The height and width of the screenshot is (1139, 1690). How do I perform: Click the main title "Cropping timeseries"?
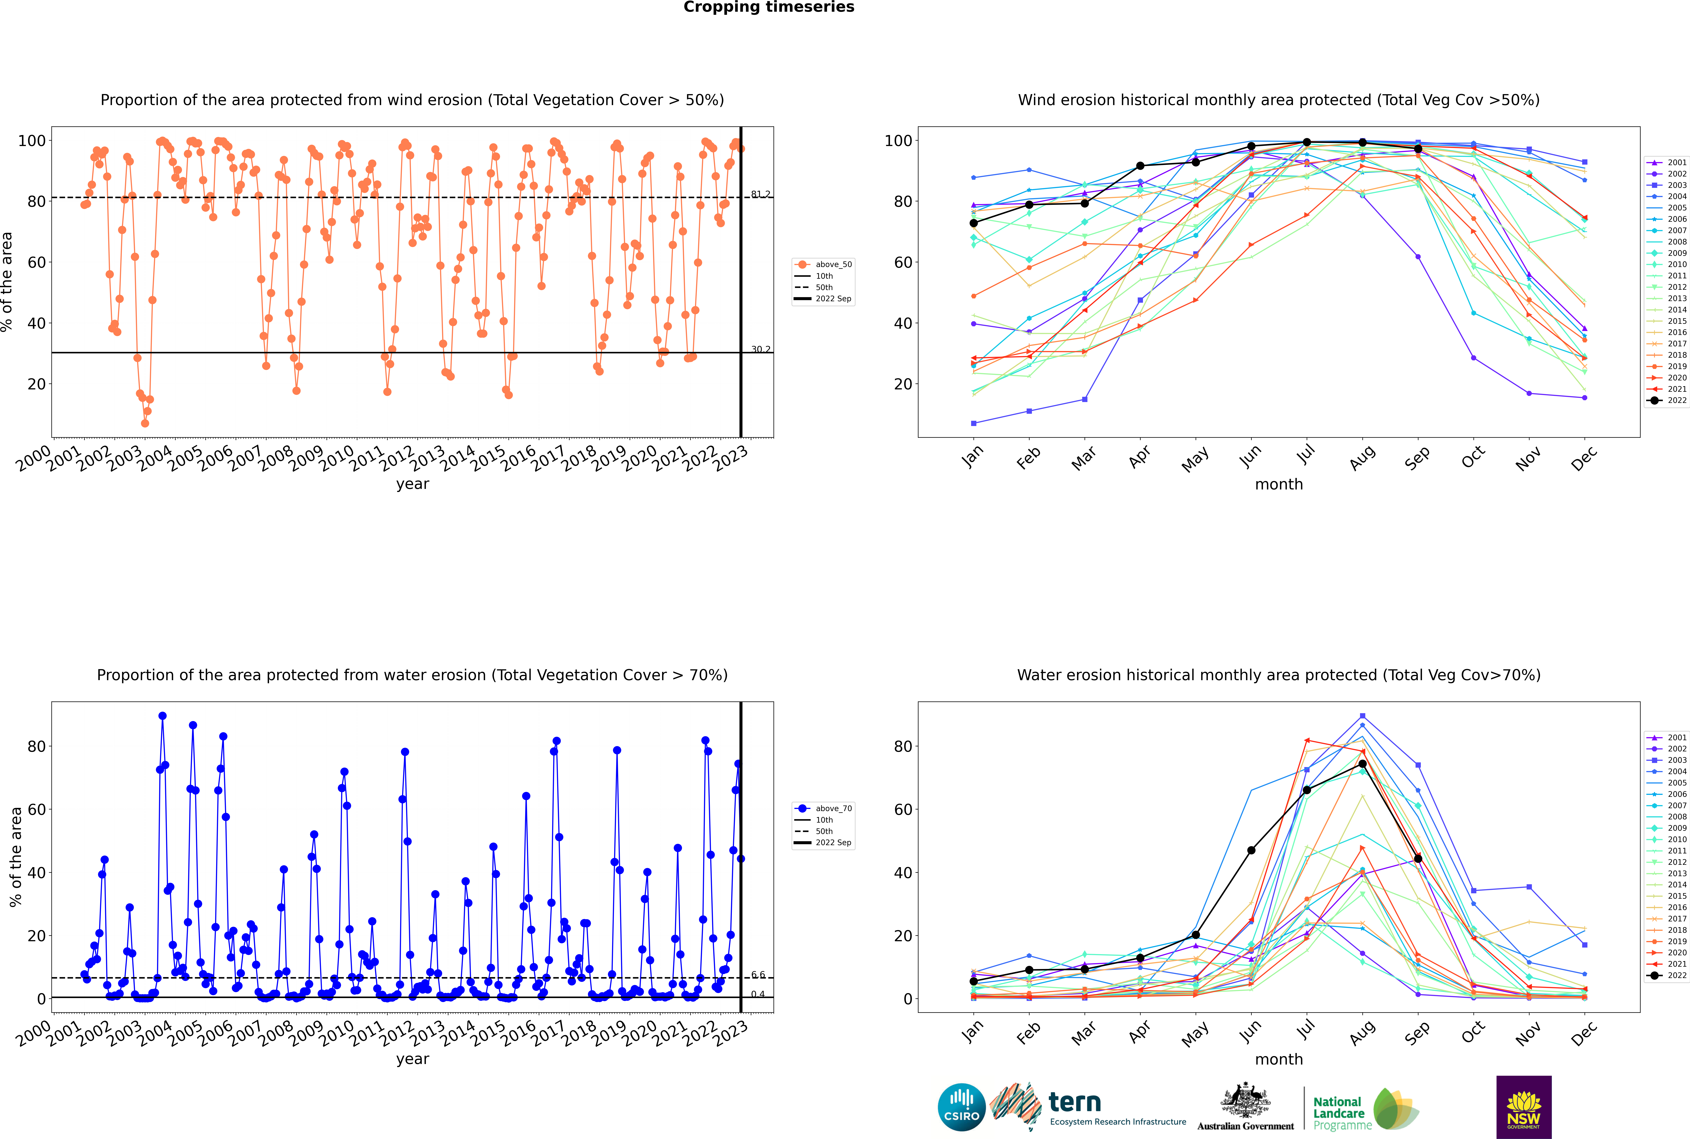(769, 7)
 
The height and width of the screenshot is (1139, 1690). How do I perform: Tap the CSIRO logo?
(961, 1107)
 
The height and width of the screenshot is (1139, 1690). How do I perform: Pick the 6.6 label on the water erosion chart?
(758, 975)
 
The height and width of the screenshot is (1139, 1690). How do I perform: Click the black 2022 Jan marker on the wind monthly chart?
(974, 223)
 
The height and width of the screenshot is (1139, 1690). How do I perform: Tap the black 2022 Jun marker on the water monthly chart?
(1251, 850)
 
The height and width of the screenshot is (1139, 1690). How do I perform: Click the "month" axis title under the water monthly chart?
(1279, 1059)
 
